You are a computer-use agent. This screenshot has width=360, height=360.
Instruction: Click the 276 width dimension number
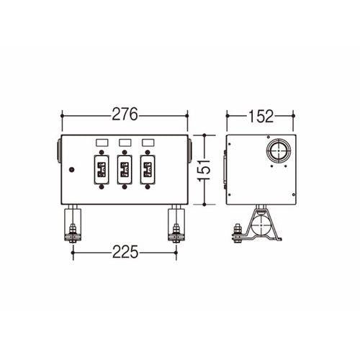click(125, 114)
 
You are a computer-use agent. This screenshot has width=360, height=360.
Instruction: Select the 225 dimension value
click(125, 253)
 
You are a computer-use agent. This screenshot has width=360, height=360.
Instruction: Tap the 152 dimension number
click(260, 114)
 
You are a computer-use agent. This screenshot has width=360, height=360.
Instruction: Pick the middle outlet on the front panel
click(124, 171)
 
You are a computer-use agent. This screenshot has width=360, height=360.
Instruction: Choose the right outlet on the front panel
click(148, 171)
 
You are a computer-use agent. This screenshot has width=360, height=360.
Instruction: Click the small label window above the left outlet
click(101, 143)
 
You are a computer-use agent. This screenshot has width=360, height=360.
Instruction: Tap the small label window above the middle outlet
click(124, 143)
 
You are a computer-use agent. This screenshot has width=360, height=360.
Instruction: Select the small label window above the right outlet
click(148, 143)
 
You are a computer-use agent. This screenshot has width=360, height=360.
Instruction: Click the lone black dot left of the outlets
click(71, 170)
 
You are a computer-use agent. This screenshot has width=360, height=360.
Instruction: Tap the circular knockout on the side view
click(276, 151)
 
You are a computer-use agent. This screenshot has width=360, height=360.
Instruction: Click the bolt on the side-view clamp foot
click(235, 231)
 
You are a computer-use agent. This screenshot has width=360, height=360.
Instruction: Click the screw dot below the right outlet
click(148, 188)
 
